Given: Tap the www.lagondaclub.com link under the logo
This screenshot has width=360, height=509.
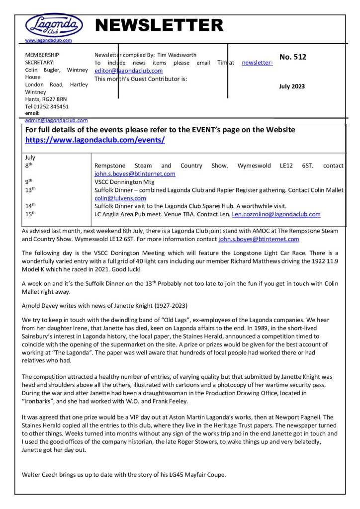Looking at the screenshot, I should (48, 40).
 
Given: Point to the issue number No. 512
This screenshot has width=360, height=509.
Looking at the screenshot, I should (293, 57).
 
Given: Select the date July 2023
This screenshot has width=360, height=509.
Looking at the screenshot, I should (292, 86).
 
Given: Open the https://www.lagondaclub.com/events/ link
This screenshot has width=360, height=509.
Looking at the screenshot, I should (95, 140).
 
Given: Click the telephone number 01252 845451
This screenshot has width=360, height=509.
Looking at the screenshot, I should (51, 106).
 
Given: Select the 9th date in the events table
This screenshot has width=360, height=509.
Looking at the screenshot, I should (29, 181).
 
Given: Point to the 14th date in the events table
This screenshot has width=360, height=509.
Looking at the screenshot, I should (30, 206).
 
